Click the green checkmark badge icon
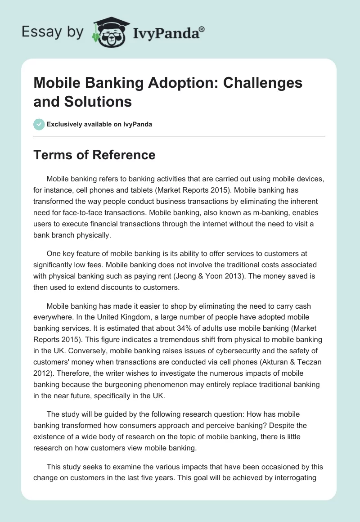[x=39, y=124]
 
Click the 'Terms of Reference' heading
[x=94, y=155]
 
